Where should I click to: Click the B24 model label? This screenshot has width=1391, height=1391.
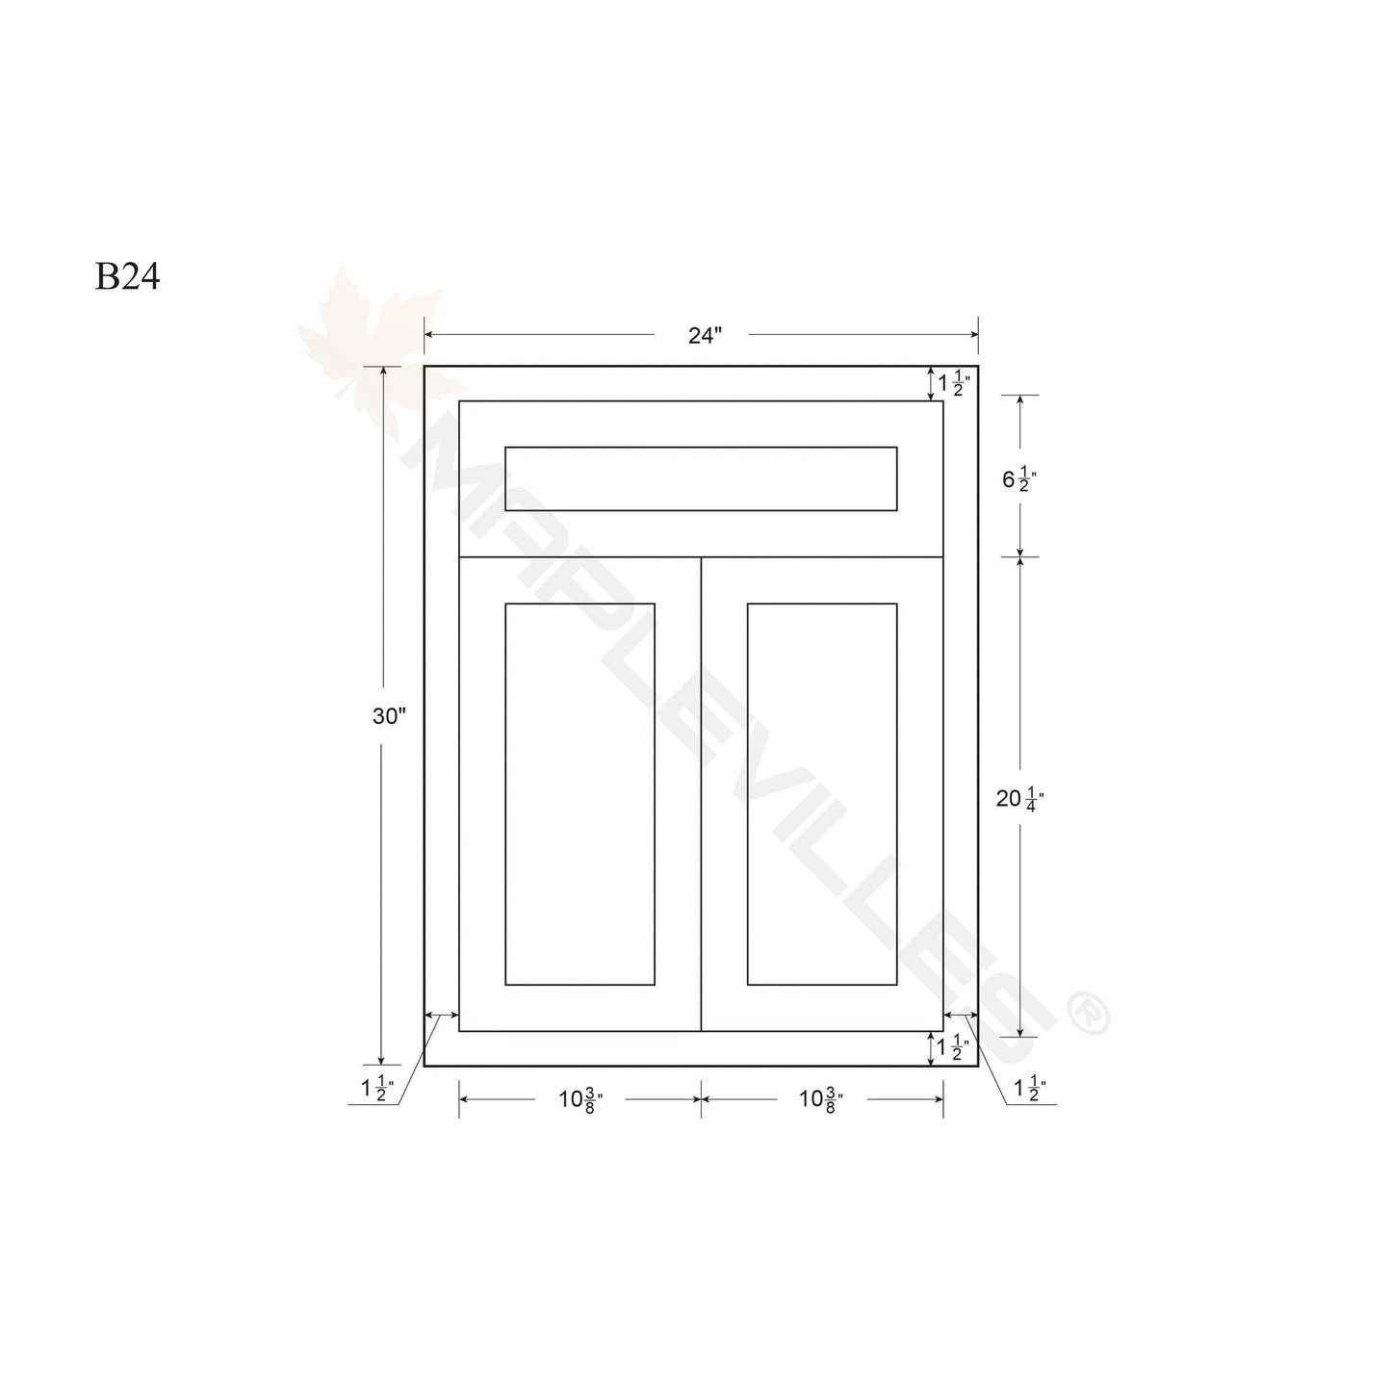127,276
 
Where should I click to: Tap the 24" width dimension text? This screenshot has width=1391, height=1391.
705,336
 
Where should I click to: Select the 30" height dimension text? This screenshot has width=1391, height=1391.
389,716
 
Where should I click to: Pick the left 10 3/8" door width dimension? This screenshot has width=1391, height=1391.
580,1100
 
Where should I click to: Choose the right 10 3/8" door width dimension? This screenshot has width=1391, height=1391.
821,1100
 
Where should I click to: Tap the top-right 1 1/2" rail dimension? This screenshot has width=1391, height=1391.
954,382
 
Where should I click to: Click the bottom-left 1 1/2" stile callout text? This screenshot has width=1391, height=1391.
377,1089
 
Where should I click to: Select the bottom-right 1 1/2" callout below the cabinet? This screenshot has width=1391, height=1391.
1030,1089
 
